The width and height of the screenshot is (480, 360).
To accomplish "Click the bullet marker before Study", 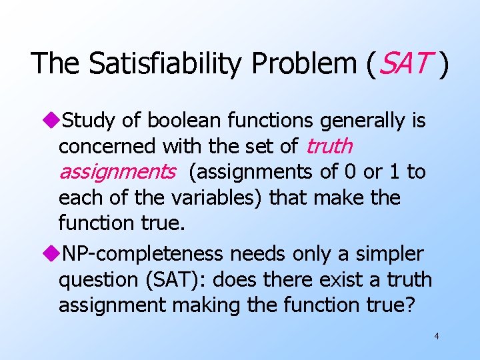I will point(53,121).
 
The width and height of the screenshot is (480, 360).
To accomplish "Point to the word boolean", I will point(179,121).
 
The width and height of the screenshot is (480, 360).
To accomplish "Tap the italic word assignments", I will point(117,172).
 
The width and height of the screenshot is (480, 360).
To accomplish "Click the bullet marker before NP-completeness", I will point(53,254).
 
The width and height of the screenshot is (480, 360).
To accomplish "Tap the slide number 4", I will point(436,336).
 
